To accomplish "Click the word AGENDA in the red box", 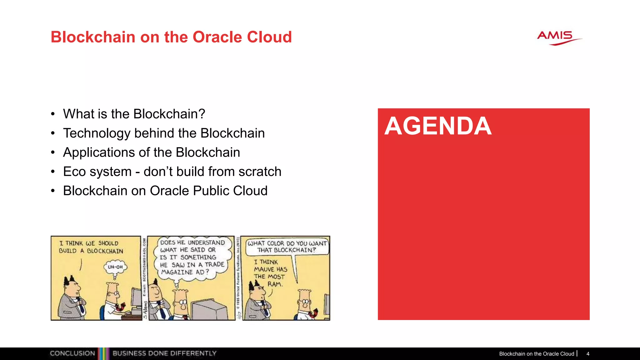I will click(438, 126).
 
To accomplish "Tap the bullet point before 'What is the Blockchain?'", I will click(53, 114).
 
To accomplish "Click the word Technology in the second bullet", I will click(97, 133).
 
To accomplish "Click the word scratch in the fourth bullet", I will click(260, 172).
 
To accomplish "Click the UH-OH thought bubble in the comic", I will click(115, 267).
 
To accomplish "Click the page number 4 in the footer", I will click(588, 354).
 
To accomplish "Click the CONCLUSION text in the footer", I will click(72, 353).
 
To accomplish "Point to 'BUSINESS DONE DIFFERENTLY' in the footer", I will click(164, 353).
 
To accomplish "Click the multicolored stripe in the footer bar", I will click(104, 354).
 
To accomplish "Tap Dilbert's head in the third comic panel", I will click(305, 300).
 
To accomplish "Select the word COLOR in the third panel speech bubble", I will click(275, 243).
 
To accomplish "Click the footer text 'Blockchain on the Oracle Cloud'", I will click(536, 354).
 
